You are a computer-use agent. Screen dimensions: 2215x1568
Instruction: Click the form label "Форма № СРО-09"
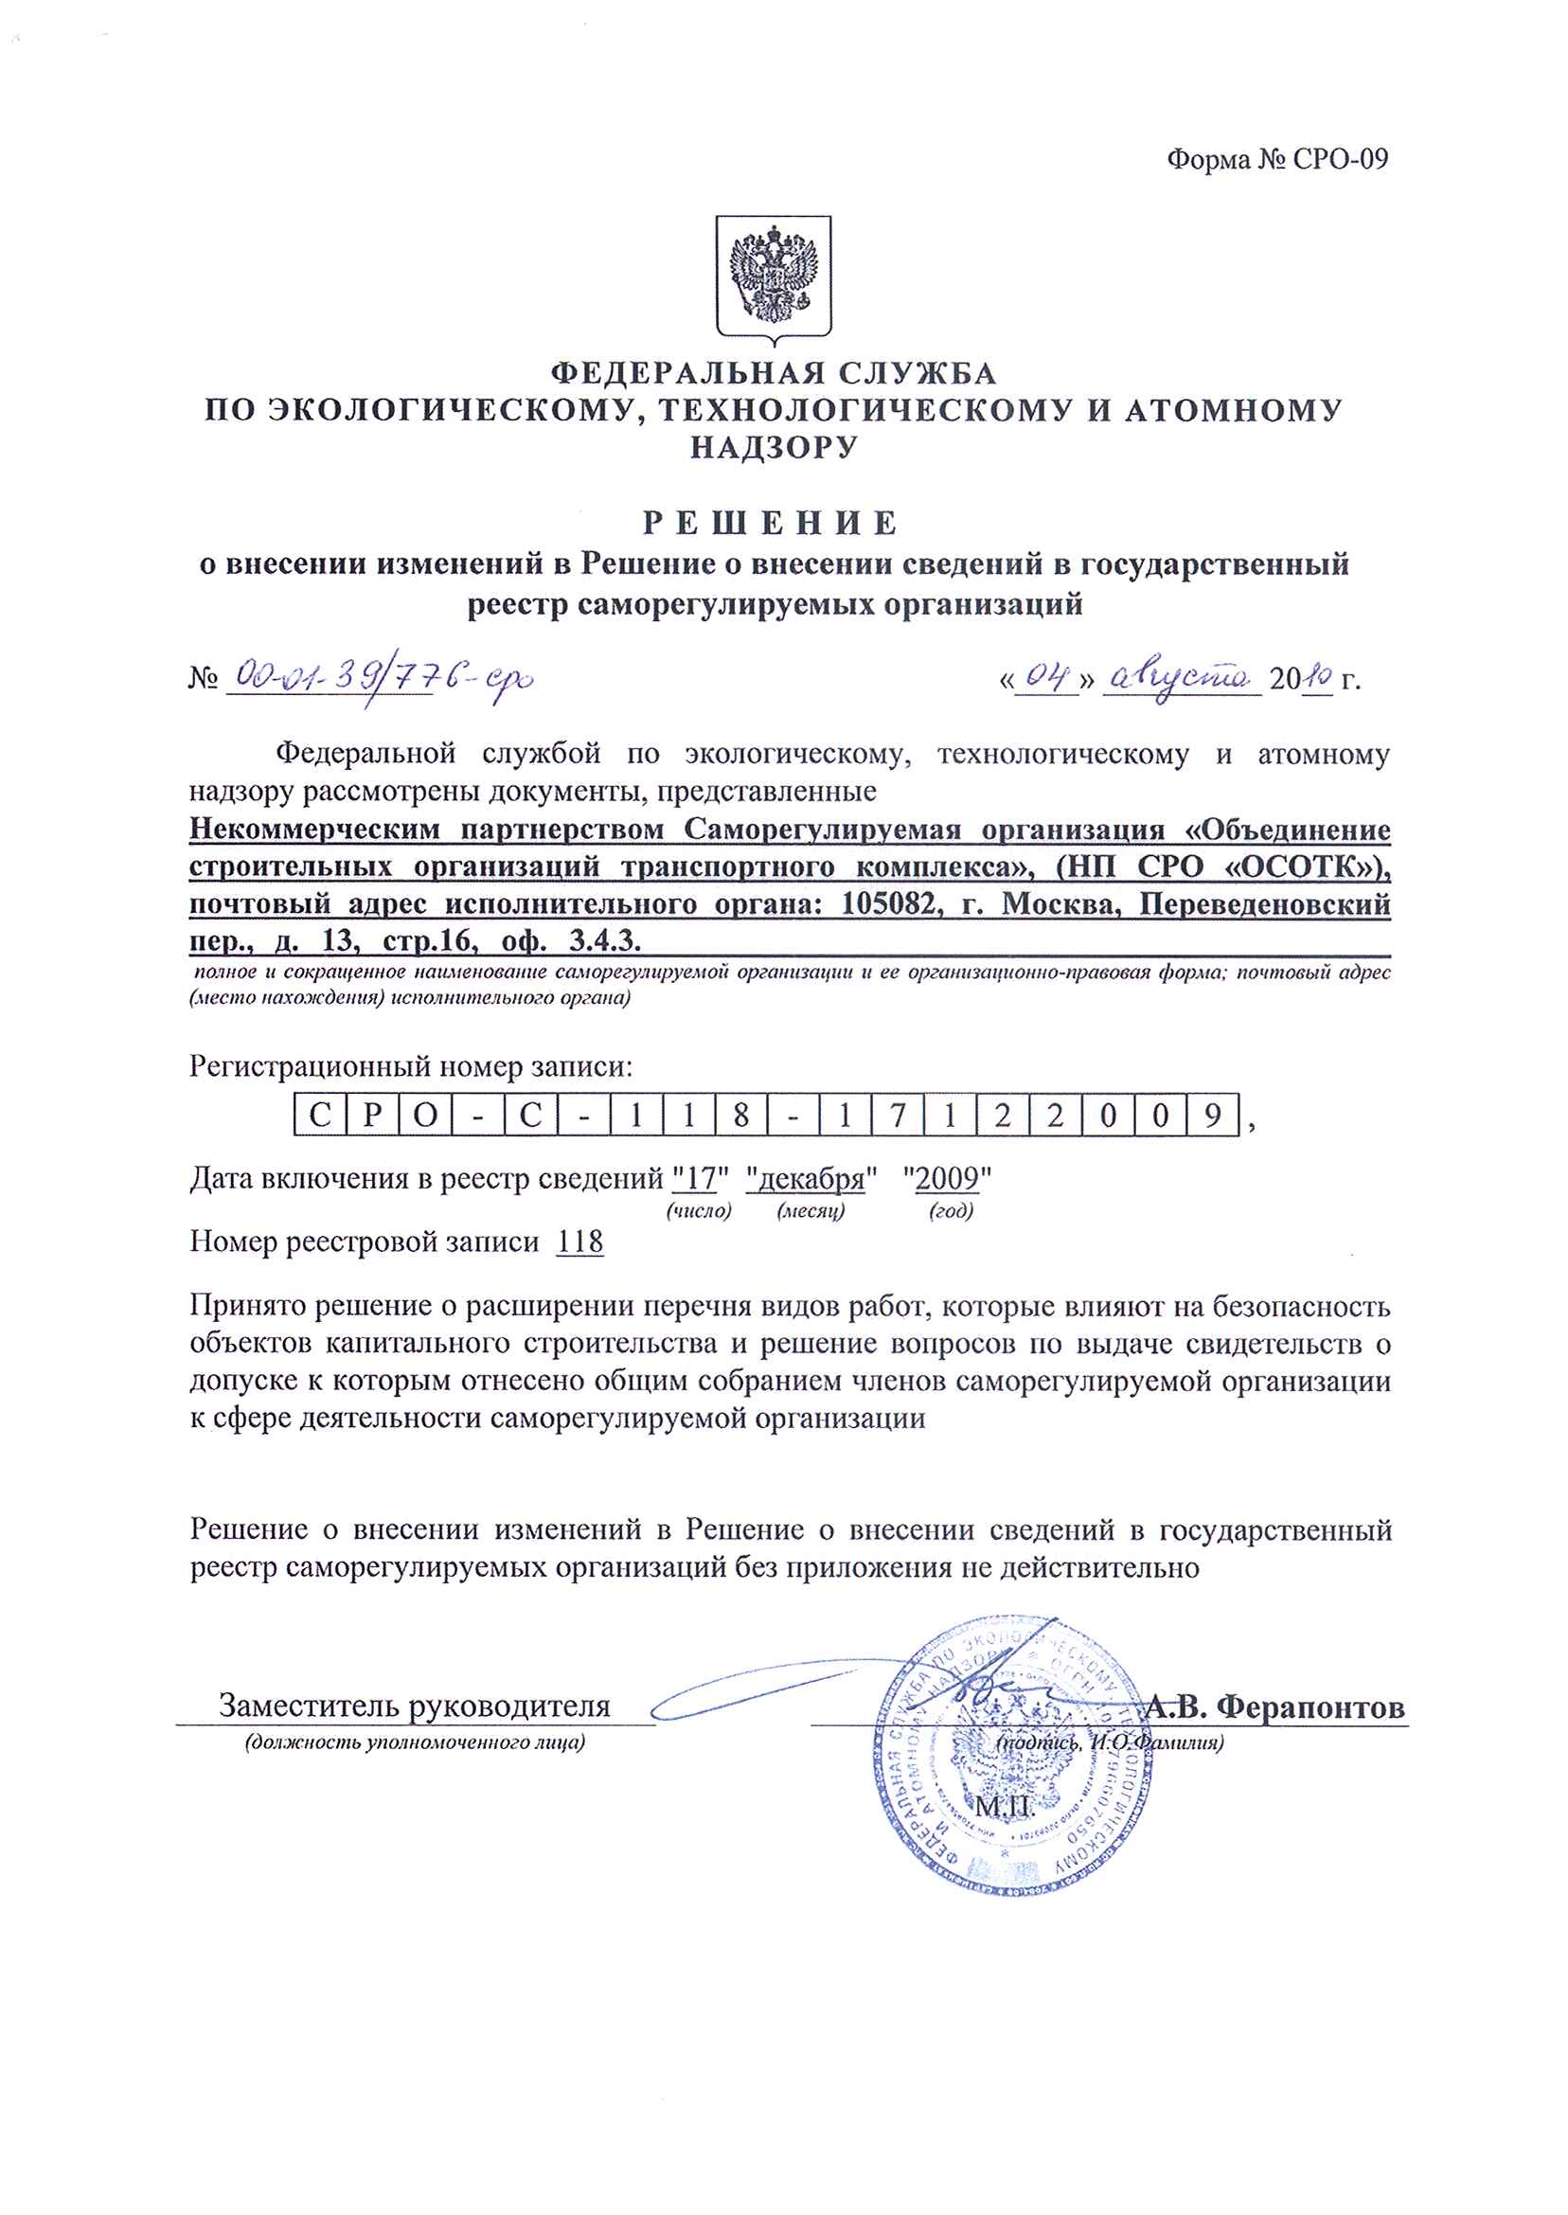(1276, 159)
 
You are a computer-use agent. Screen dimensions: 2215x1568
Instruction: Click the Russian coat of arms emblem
(774, 277)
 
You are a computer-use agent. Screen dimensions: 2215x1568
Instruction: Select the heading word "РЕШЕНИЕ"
(772, 524)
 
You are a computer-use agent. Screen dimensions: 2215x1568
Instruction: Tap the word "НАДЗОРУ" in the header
(774, 447)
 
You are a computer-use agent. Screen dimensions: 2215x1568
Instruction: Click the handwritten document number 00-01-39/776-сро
(379, 678)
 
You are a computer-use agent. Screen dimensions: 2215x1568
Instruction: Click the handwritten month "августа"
(1180, 679)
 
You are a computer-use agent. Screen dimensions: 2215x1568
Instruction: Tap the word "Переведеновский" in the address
(1265, 904)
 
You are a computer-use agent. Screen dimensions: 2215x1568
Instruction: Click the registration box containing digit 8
(741, 1116)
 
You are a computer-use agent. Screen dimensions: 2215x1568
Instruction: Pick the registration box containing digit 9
(1213, 1116)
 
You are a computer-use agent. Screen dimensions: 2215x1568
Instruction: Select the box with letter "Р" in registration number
(374, 1116)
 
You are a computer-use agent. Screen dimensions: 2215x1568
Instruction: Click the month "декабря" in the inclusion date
(811, 1179)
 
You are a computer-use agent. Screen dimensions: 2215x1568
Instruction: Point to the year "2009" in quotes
(947, 1179)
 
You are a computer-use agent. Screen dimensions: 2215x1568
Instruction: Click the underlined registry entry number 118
(580, 1241)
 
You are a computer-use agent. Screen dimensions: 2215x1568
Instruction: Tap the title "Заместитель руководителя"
(414, 1706)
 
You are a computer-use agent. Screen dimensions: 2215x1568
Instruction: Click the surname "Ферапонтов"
(1310, 1707)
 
